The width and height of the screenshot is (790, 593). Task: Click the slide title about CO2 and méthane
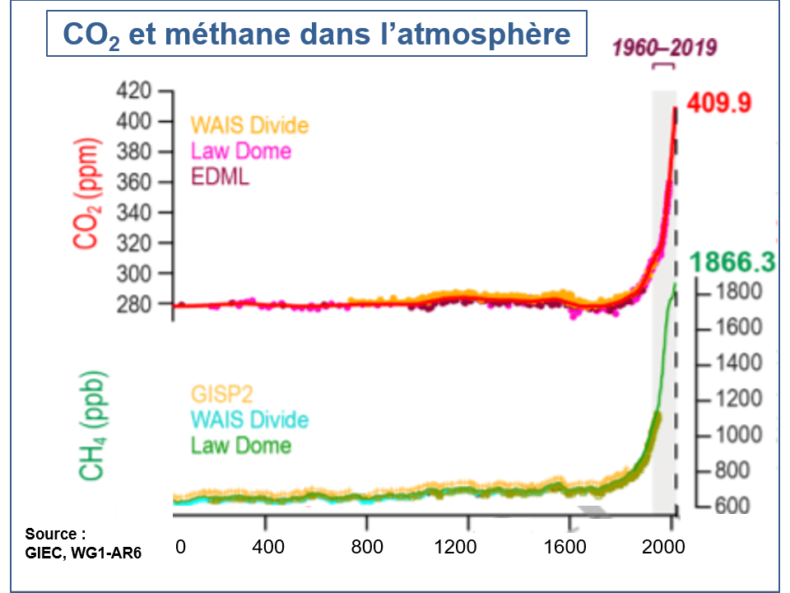click(x=316, y=34)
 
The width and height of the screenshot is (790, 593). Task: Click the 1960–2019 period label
click(x=663, y=47)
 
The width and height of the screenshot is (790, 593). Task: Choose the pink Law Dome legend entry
click(x=241, y=152)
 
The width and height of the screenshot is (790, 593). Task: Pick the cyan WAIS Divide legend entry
click(x=249, y=418)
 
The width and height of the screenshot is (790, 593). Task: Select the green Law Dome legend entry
click(x=241, y=445)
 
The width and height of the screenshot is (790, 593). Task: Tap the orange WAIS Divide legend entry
click(x=249, y=125)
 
